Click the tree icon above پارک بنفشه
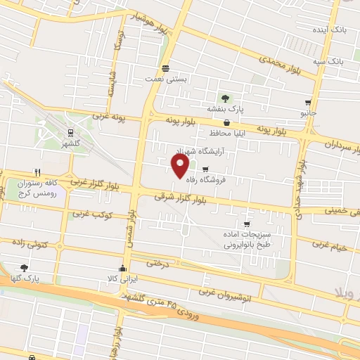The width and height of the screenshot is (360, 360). (225, 98)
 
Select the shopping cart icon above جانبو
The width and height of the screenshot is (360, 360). (308, 103)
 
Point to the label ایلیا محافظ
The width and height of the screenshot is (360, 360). (226, 131)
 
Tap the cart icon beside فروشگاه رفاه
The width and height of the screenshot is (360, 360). (205, 169)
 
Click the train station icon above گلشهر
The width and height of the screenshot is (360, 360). (71, 131)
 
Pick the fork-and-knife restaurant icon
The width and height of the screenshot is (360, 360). (37, 172)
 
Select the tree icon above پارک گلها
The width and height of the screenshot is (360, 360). (25, 268)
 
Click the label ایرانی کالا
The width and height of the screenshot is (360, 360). (124, 278)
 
